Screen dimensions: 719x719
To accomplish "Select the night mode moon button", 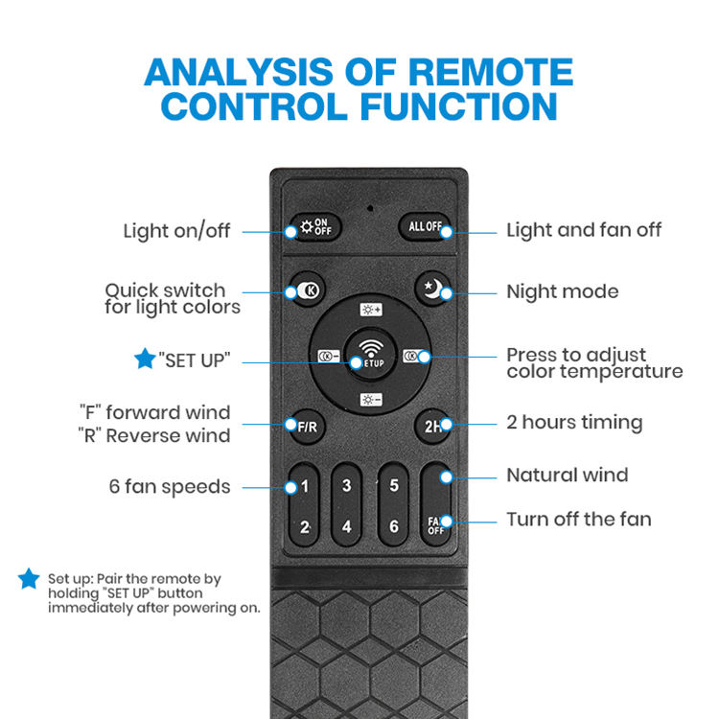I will coord(432,288).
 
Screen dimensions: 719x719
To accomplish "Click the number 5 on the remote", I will coord(393,486).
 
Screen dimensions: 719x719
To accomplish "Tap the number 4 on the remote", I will coord(346,526).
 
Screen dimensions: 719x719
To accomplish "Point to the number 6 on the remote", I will coord(393,526).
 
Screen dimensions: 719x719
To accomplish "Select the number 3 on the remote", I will coord(346,486).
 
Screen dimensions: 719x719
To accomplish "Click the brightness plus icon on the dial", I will coord(370,310).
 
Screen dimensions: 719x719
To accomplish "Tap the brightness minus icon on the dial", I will coord(370,400).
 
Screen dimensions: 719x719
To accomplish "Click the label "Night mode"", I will coord(562,291).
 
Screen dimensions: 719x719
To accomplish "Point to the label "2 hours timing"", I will coord(574,422).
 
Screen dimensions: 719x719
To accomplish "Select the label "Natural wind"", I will coord(568,475).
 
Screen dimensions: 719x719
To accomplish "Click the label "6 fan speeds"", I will coord(170,487).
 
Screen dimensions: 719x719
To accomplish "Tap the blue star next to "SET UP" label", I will coord(144,359).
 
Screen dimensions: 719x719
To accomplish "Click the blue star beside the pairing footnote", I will coord(29,578).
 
